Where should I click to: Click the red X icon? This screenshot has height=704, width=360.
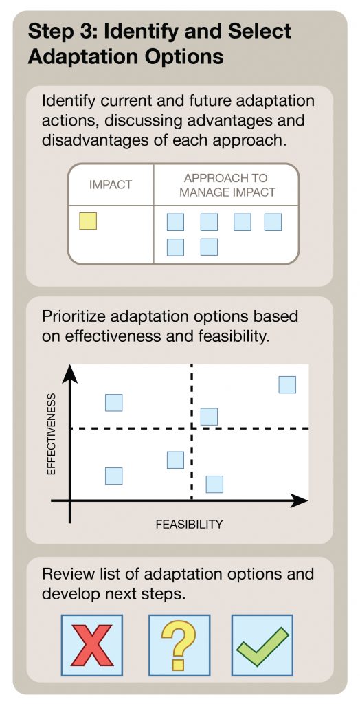click(x=91, y=645)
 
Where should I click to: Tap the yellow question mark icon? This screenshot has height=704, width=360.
click(x=179, y=646)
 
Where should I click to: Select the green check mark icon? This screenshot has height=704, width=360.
click(x=262, y=647)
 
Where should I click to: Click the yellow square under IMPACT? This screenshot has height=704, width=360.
click(x=88, y=221)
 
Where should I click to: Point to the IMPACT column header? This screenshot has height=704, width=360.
click(x=111, y=184)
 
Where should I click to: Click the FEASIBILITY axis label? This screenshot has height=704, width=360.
click(x=190, y=524)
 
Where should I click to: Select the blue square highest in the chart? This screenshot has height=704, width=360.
click(x=287, y=384)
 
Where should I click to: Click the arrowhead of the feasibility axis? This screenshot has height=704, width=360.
click(x=299, y=500)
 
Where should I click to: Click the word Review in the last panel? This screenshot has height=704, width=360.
click(x=67, y=574)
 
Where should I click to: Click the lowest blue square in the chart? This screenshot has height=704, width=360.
click(x=214, y=484)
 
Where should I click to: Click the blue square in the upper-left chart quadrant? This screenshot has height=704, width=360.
click(x=113, y=402)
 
